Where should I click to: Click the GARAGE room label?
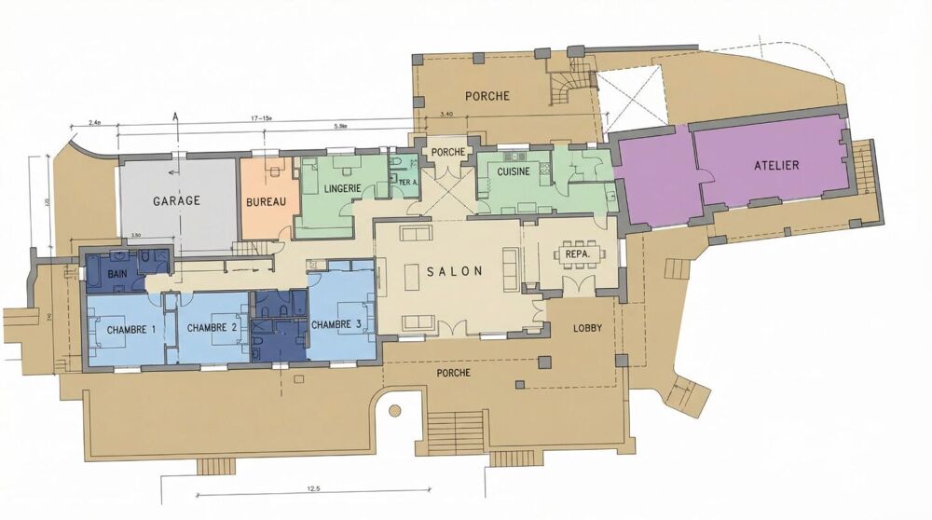point(177,200)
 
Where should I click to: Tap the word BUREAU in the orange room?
point(266,201)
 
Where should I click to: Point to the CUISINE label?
point(514,172)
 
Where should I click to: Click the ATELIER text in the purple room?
point(776,165)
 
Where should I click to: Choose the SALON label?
point(455,271)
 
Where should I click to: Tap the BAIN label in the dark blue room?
point(117,274)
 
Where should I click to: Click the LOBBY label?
point(587,328)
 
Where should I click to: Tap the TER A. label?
point(407,183)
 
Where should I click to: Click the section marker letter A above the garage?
point(174,116)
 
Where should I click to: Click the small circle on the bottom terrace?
point(395,409)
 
